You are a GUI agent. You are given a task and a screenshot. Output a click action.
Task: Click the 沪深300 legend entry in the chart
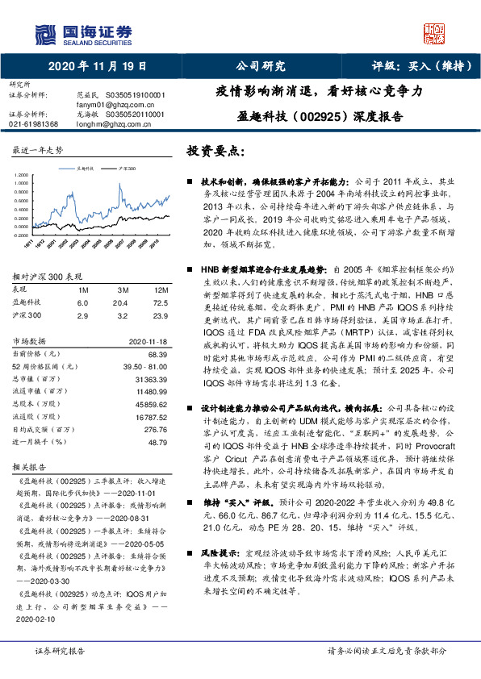point(126,169)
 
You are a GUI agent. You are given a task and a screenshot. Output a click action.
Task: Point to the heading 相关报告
point(30,489)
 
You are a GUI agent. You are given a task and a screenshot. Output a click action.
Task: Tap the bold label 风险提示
point(218,577)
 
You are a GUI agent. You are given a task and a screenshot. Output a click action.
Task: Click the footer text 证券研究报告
point(60,650)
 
